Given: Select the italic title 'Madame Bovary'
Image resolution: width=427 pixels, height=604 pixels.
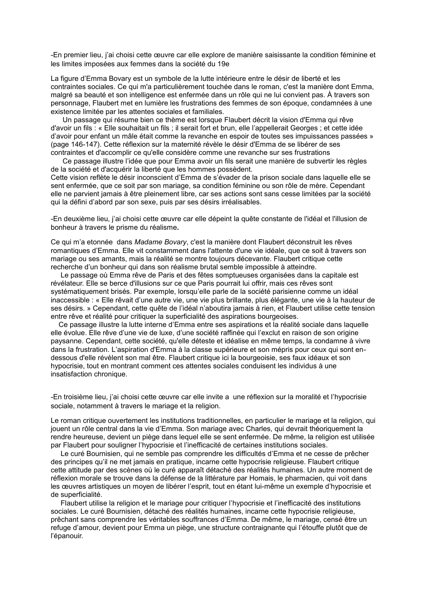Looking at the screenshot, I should pos(161,242).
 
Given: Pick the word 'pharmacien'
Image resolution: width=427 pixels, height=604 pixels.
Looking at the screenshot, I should pos(280,478).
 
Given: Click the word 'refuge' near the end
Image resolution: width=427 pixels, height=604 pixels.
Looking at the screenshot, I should pos(61,528).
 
